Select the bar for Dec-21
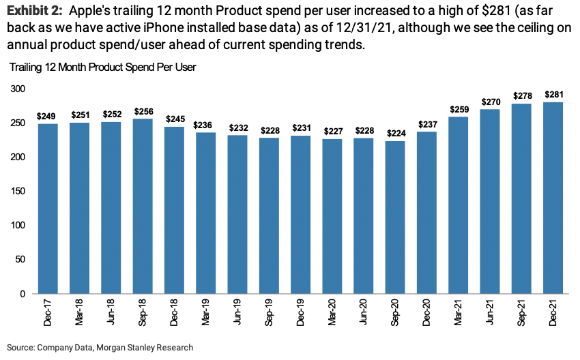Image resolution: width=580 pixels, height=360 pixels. (x=553, y=198)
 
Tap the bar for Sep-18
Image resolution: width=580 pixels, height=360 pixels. (x=142, y=206)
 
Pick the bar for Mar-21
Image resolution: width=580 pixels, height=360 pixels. (x=459, y=205)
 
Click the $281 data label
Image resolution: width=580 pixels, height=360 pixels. (x=553, y=95)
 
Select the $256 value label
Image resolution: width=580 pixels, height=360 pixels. (x=142, y=111)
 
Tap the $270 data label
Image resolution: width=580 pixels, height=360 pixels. (x=490, y=102)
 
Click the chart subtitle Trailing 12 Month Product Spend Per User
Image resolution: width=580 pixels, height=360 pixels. (x=102, y=67)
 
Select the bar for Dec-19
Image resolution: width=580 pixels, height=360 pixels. (x=300, y=215)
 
